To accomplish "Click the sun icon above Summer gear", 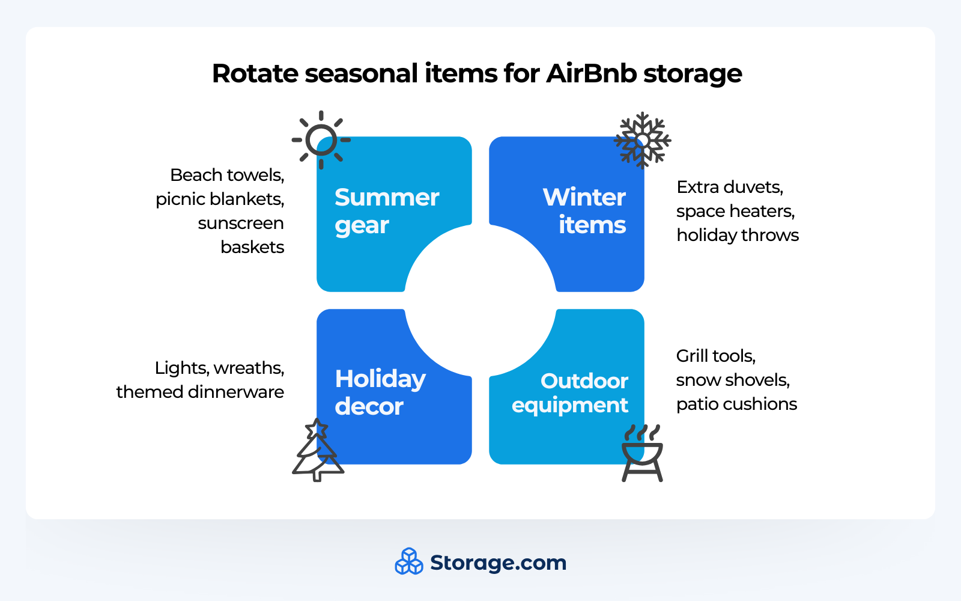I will click(x=321, y=140).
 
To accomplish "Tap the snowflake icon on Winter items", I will click(x=642, y=140).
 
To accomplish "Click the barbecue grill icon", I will click(x=642, y=456).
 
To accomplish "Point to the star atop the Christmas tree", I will click(x=317, y=429).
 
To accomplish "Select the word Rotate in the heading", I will click(x=255, y=74).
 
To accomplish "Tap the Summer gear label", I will click(x=386, y=211).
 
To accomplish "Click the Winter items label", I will click(x=584, y=211).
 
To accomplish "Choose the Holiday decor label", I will click(x=380, y=392).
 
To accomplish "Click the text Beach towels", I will click(x=226, y=175).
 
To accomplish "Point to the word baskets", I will click(x=252, y=247).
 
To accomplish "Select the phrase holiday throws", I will click(x=737, y=235).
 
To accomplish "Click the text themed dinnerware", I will click(x=200, y=392).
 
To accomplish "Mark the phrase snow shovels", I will click(x=732, y=380).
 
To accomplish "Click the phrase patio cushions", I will click(x=736, y=404).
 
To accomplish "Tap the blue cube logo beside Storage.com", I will click(x=409, y=561).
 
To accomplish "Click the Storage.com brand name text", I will click(x=498, y=563).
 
